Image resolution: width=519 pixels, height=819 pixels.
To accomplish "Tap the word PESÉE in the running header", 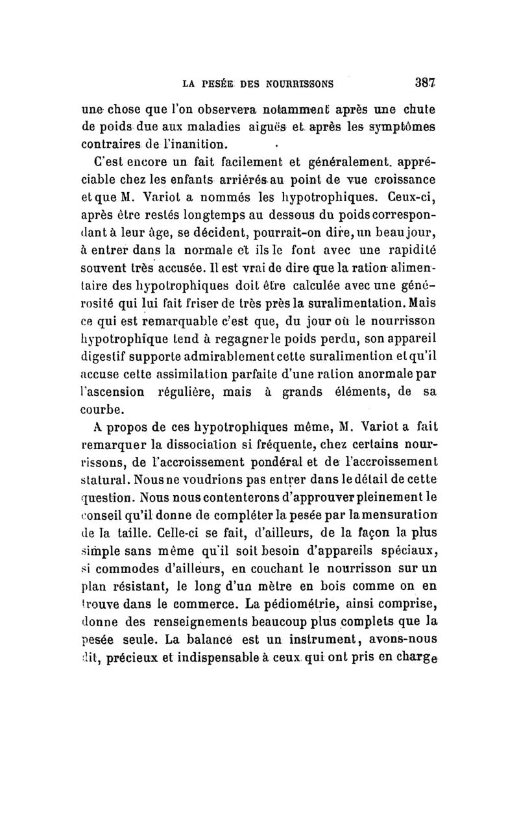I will point(219,83).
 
